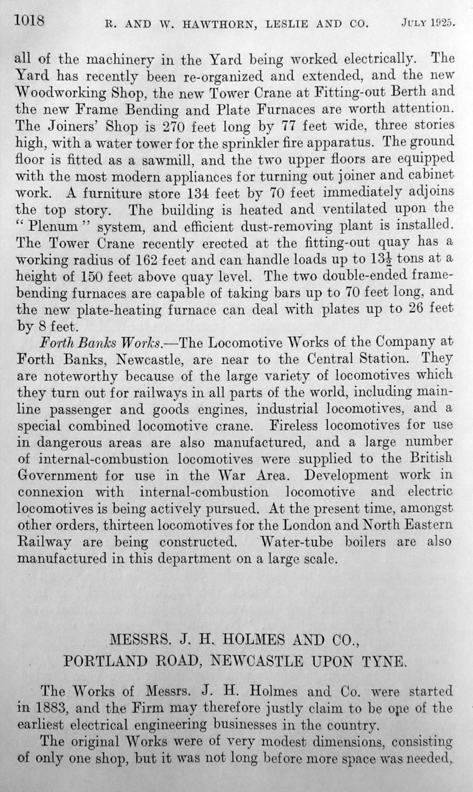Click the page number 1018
[29, 21]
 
